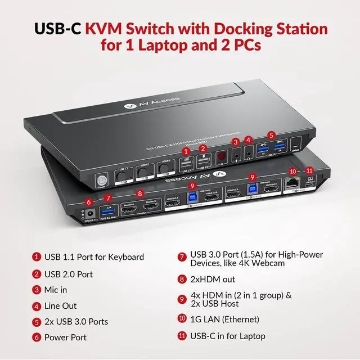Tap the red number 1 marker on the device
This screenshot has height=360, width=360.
coord(185,151)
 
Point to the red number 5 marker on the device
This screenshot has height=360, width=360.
coord(272,135)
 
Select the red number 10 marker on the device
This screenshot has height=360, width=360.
coord(292,170)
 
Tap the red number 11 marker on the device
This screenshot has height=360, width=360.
coord(309,170)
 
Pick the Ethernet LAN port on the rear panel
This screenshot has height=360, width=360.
coord(292,182)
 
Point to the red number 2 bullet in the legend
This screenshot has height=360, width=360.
coord(37,274)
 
